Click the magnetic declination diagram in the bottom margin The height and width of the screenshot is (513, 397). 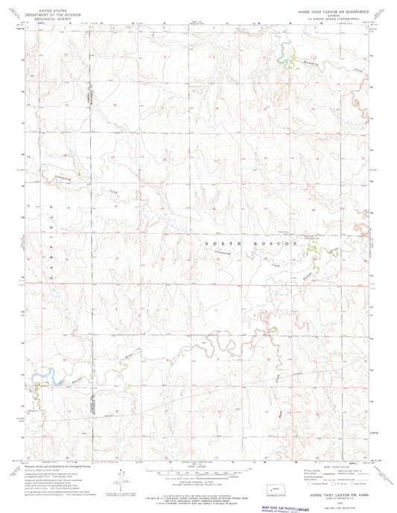(118, 474)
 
